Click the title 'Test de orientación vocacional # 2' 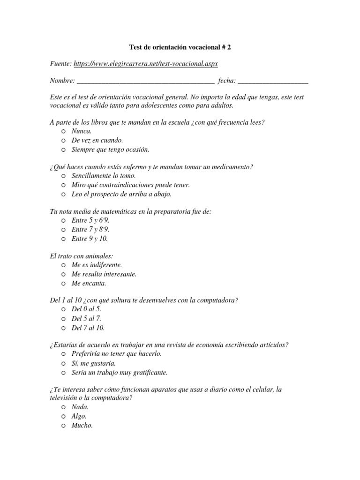(x=180, y=48)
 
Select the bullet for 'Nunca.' (x=63, y=132)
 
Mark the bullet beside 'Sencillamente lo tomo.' (x=63, y=176)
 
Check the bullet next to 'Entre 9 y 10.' (x=63, y=239)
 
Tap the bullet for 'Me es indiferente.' (x=63, y=265)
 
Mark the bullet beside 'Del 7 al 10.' (x=63, y=328)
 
